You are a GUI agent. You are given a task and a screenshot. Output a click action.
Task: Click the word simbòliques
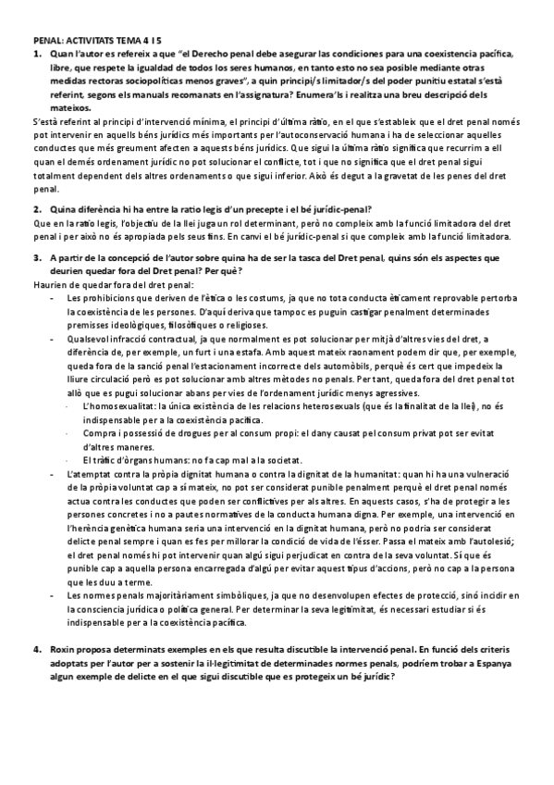click(218, 595)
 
